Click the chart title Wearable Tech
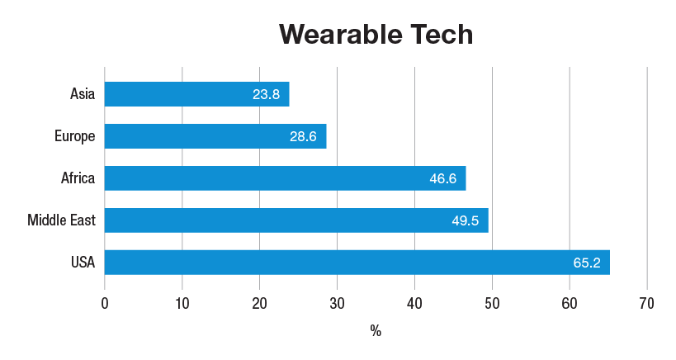click(376, 35)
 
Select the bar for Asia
click(197, 94)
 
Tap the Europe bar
click(215, 136)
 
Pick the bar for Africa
click(286, 178)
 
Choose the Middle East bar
click(296, 220)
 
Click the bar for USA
click(357, 262)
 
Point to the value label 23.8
click(266, 94)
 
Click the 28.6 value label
click(303, 137)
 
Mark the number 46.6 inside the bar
click(442, 178)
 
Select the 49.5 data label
click(466, 220)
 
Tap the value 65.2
click(587, 263)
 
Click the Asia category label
click(83, 93)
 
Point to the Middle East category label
click(61, 220)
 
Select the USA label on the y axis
click(83, 262)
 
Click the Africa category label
click(78, 178)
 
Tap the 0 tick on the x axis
click(105, 304)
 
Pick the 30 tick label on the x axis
click(337, 304)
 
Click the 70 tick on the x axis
click(646, 304)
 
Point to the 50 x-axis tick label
click(492, 304)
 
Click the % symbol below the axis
click(376, 330)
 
